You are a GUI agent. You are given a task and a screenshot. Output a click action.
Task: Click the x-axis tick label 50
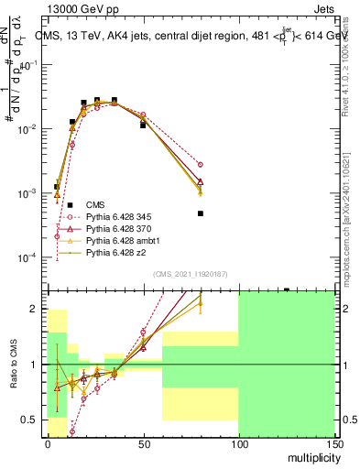click(143, 442)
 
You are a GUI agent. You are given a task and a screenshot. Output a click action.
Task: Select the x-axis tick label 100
click(238, 442)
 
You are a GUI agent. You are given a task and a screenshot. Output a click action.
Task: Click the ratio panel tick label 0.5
click(35, 420)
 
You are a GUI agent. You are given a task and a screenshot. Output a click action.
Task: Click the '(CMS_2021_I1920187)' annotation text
click(191, 273)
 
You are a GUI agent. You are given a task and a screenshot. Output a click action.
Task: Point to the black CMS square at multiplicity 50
click(143, 125)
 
